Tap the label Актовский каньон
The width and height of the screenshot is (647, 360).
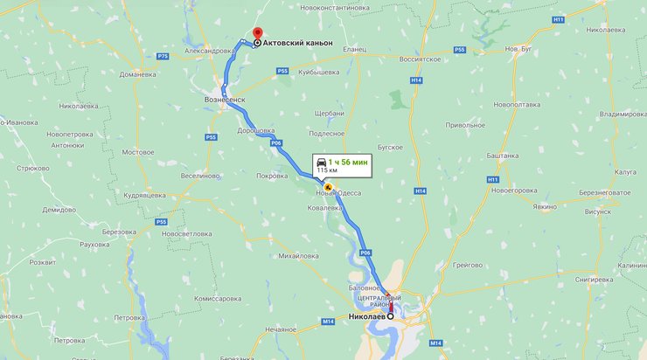(300, 42)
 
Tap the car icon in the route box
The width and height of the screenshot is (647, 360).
(322, 163)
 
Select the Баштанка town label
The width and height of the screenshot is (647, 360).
(503, 155)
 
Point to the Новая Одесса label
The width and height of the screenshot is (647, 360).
(332, 193)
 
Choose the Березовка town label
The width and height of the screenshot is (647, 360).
(120, 232)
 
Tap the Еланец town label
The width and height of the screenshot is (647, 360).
(354, 50)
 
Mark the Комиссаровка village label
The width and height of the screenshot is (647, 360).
(217, 298)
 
